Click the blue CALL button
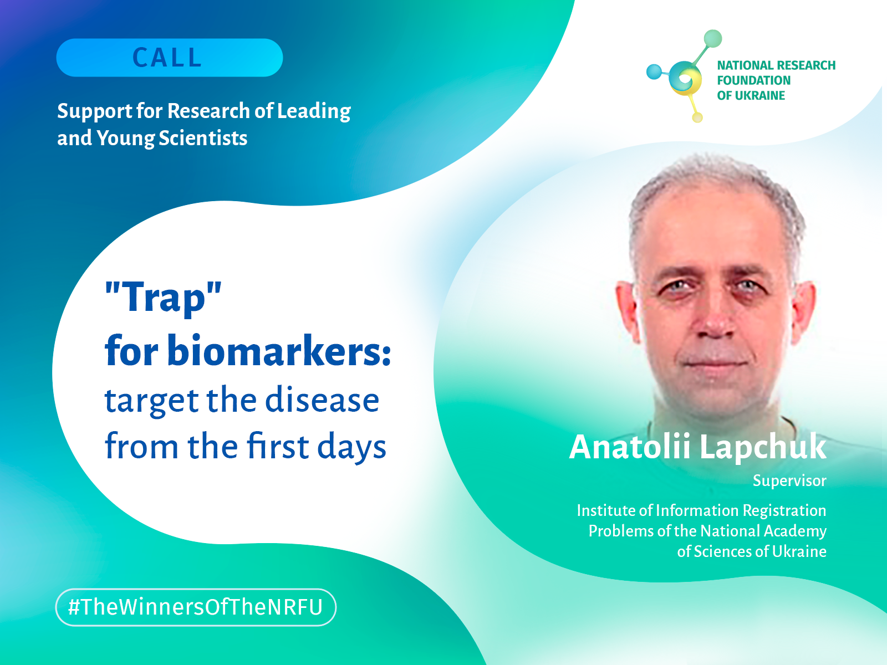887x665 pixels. [169, 57]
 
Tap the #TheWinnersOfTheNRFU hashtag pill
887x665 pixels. [196, 607]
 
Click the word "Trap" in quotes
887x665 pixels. [163, 298]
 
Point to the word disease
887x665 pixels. [322, 400]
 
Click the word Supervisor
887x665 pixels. [789, 481]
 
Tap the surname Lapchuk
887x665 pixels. [763, 447]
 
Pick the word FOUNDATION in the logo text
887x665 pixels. [753, 80]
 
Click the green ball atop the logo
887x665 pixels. [713, 38]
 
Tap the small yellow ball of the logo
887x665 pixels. [697, 117]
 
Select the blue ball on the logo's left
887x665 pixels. [654, 72]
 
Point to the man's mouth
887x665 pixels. [715, 361]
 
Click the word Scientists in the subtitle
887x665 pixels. [203, 138]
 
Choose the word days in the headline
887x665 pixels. [351, 447]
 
